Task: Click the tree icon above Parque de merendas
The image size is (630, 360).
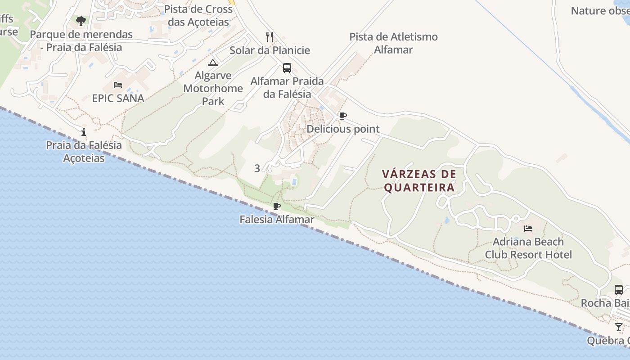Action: [81, 21]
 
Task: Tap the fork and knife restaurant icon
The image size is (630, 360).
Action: [270, 36]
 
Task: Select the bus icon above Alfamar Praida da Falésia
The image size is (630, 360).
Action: [287, 68]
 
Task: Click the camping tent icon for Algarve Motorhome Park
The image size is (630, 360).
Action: [213, 62]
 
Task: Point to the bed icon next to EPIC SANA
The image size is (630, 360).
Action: [118, 85]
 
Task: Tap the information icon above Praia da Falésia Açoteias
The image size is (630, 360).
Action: [84, 132]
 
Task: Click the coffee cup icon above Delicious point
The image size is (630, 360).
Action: [343, 116]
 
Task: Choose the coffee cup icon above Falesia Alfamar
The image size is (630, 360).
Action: [277, 207]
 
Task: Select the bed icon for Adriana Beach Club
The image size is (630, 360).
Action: [528, 229]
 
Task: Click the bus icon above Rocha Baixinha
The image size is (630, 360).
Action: [619, 290]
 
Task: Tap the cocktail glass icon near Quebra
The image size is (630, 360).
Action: [619, 327]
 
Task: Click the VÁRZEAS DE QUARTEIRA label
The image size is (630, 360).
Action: [419, 180]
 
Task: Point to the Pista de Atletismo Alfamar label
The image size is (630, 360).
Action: [393, 43]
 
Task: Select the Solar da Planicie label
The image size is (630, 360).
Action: [270, 50]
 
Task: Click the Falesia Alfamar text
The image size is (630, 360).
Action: [277, 220]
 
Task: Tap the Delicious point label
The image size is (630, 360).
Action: [343, 129]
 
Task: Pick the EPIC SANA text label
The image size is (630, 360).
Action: [118, 98]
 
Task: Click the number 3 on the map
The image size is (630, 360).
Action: [257, 168]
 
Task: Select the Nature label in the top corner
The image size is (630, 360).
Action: [600, 11]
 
